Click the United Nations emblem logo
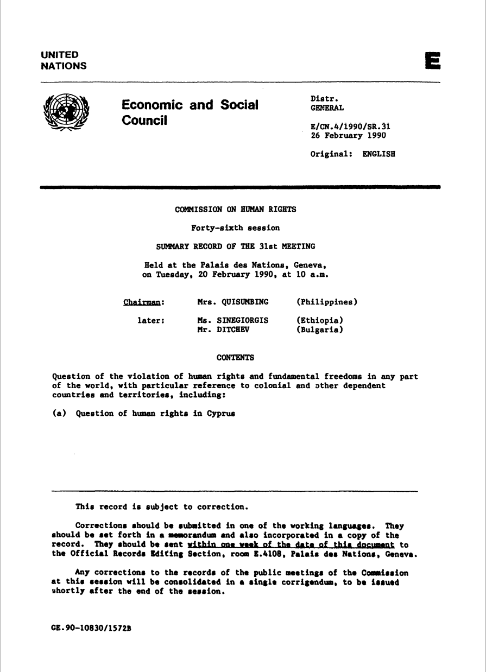tap(66, 112)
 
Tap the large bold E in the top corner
tap(433, 61)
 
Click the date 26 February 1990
tap(348, 135)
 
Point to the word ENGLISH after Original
tap(378, 154)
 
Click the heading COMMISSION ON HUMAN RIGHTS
tap(235, 209)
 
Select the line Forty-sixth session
tap(235, 227)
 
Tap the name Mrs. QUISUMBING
tap(233, 301)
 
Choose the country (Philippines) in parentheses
tap(326, 301)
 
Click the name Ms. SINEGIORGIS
tap(233, 320)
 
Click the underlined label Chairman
tap(144, 301)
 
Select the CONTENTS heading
tap(235, 357)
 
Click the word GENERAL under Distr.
tap(326, 108)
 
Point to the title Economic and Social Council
tap(190, 112)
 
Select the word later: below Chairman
tap(150, 320)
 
